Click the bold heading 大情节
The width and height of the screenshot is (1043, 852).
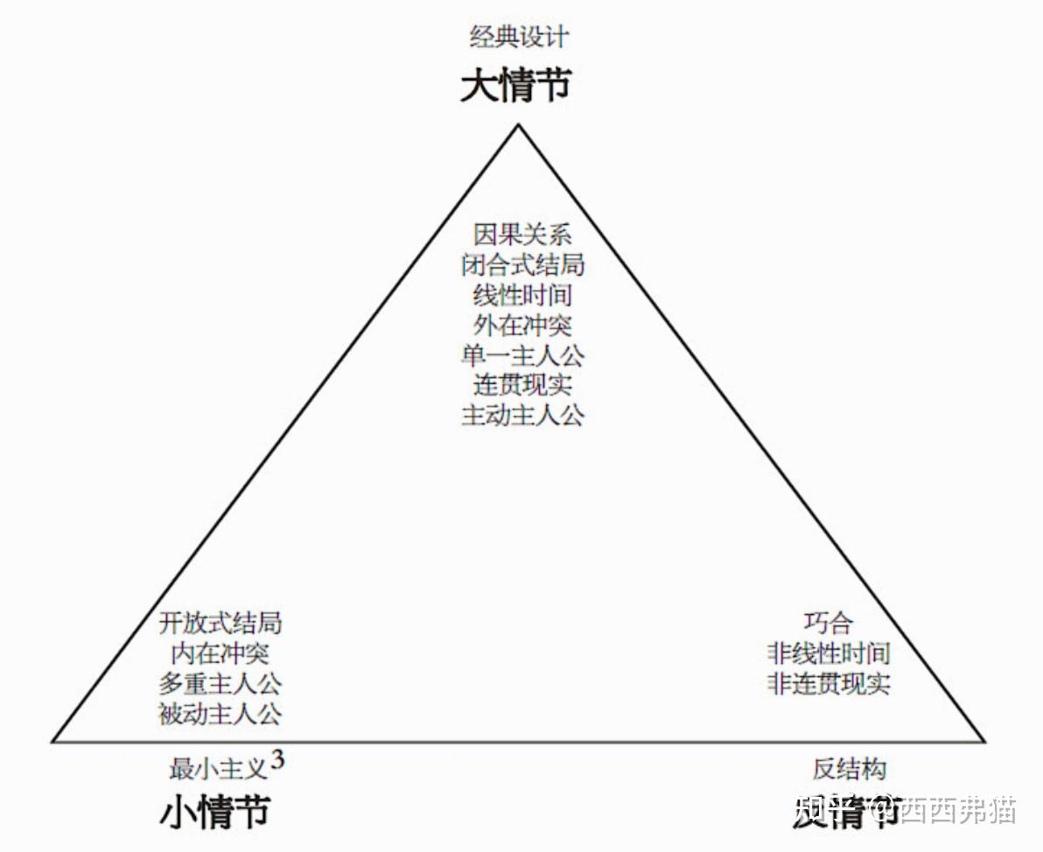(516, 87)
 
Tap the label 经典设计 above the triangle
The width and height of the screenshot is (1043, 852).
(519, 38)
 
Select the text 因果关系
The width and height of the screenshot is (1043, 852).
(522, 234)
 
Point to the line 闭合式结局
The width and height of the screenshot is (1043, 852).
(522, 264)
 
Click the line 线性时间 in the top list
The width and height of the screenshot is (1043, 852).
(522, 294)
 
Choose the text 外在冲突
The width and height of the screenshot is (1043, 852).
(522, 325)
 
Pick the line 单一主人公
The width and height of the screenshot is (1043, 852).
(522, 354)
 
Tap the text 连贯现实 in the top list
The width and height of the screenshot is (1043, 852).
(522, 384)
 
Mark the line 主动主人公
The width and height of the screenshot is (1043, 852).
(522, 414)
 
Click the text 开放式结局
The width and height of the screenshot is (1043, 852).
(220, 623)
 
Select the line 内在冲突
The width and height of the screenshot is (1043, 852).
(220, 653)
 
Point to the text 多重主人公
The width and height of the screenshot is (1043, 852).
(220, 682)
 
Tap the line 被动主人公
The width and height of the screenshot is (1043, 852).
(220, 713)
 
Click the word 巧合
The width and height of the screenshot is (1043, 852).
(828, 623)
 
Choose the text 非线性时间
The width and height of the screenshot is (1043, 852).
(828, 653)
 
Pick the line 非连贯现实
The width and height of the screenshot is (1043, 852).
(828, 682)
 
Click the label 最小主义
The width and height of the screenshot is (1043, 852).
(217, 770)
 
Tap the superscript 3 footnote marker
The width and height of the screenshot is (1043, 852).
(277, 760)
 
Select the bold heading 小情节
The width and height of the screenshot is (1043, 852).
(214, 813)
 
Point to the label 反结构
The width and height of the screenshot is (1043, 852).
(849, 770)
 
